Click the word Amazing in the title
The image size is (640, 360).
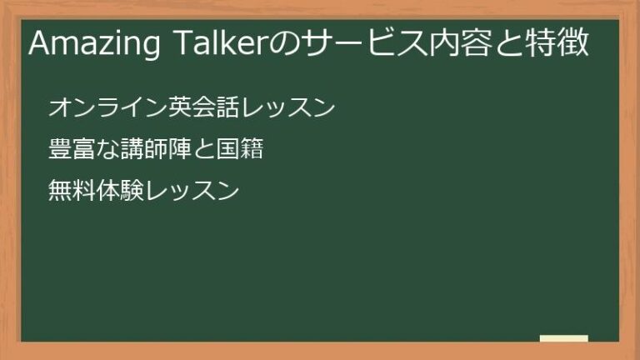pyautogui.click(x=92, y=45)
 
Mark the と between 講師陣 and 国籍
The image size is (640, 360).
pyautogui.click(x=203, y=152)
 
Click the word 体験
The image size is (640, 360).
pyautogui.click(x=120, y=192)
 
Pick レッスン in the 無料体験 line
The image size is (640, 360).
pyautogui.click(x=192, y=192)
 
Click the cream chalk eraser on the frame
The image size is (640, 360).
pyautogui.click(x=564, y=338)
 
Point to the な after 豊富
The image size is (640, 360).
pyautogui.click(x=107, y=152)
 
